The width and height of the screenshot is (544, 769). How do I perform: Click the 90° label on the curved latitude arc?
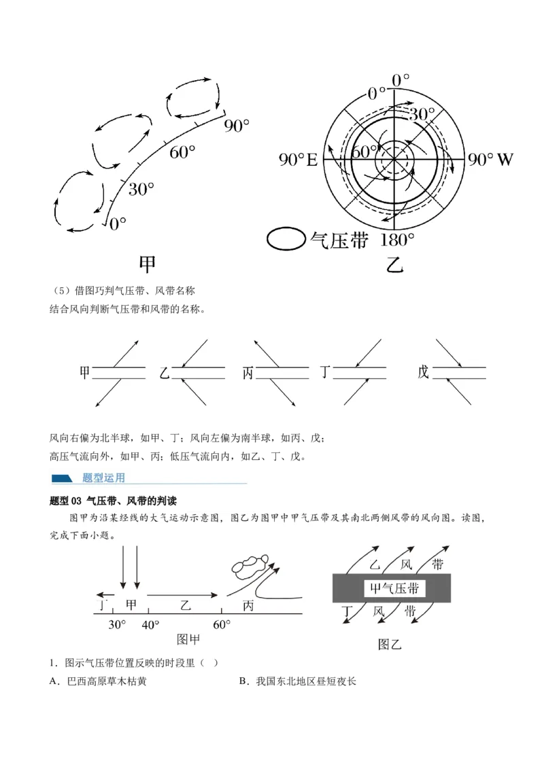click(x=237, y=126)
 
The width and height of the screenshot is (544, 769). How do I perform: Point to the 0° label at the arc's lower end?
click(x=118, y=223)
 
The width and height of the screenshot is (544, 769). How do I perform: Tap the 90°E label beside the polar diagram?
click(x=298, y=160)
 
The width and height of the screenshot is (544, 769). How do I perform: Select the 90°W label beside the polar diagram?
click(x=490, y=160)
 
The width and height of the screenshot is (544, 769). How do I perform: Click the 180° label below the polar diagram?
click(x=397, y=240)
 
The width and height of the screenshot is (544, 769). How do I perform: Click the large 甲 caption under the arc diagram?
click(x=148, y=264)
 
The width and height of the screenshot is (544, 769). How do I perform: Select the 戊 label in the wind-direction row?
click(x=423, y=372)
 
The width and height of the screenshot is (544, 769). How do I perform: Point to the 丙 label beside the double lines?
click(x=248, y=373)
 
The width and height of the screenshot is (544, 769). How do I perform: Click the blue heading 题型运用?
click(x=103, y=477)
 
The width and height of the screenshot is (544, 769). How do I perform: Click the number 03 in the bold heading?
click(x=76, y=501)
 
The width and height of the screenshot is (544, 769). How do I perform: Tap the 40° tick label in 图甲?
click(x=150, y=625)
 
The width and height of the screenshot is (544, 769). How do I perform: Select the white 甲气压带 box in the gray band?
click(x=395, y=588)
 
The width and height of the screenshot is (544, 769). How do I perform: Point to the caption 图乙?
click(x=390, y=644)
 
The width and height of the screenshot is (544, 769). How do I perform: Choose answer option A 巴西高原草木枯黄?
click(x=98, y=681)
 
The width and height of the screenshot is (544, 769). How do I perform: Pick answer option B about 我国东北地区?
click(x=298, y=681)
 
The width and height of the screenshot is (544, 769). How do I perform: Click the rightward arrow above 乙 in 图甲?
click(x=182, y=595)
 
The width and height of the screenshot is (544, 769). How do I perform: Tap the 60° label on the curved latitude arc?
click(x=182, y=153)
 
